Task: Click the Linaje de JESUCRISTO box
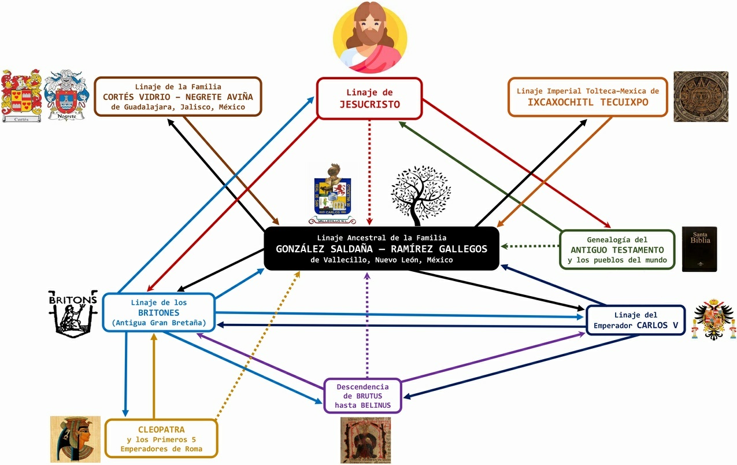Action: coord(369,99)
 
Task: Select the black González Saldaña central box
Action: coord(382,249)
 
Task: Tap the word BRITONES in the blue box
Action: coord(159,312)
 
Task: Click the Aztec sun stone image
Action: coord(701,97)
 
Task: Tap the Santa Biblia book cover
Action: coord(699,249)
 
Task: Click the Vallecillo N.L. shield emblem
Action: coord(332,194)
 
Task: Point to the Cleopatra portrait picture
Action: coord(75,438)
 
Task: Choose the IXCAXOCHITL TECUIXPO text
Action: coord(588,102)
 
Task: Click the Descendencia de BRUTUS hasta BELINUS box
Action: coord(362,396)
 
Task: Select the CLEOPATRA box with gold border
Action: coord(161,439)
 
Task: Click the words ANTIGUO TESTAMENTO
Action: coord(617,250)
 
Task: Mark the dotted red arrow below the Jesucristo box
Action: coord(370,174)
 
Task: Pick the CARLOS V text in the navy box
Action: coord(657,325)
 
